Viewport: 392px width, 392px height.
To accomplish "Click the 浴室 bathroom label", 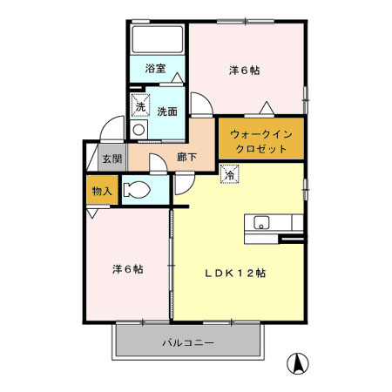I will [155, 67].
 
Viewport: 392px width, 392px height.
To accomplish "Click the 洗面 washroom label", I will [167, 111].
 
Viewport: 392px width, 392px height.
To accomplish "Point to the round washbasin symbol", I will [139, 129].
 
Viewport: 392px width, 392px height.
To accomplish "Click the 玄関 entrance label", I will [111, 159].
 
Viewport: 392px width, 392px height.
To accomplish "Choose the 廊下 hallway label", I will [186, 158].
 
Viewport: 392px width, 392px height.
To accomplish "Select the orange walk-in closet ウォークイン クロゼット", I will [260, 140].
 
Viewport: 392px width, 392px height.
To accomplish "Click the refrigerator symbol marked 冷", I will [229, 175].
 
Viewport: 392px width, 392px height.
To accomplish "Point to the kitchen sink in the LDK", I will [261, 222].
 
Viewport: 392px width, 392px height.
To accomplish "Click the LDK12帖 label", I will [235, 273].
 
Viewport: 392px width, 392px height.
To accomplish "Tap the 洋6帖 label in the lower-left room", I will [127, 268].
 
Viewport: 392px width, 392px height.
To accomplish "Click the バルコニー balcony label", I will [187, 343].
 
